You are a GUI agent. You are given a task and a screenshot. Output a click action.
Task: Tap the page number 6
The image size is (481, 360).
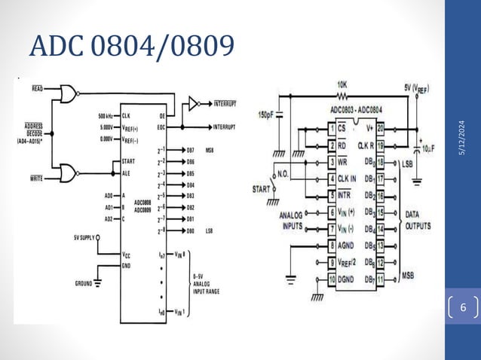pyautogui.click(x=463, y=309)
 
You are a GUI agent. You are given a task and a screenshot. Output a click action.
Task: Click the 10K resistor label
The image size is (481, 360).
pyautogui.click(x=342, y=84)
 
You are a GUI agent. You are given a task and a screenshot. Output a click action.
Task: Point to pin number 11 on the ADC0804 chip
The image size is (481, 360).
pyautogui.click(x=380, y=279)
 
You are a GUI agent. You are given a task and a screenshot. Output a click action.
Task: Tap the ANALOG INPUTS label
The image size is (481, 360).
pyautogui.click(x=287, y=219)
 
